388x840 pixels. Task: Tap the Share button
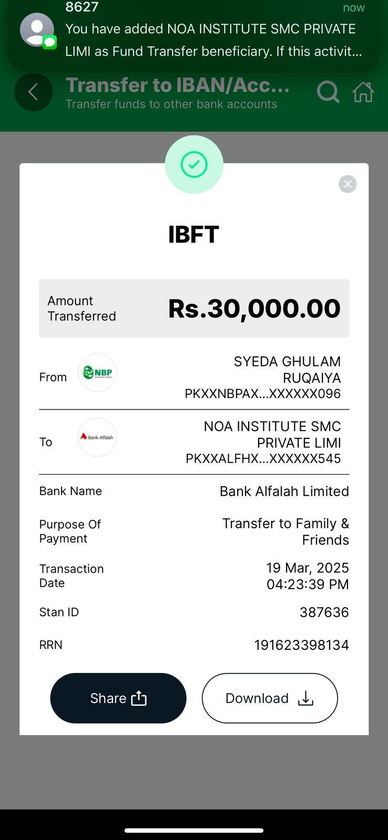tap(118, 698)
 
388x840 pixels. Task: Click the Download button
tap(270, 698)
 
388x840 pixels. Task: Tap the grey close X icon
tap(348, 184)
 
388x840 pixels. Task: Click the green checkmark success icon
tap(194, 165)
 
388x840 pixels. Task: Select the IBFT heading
tap(193, 235)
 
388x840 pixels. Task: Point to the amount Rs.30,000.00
tap(254, 308)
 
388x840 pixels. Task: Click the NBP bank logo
tap(97, 373)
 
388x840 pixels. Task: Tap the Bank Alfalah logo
tap(97, 437)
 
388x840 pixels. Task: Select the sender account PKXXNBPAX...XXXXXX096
tap(263, 394)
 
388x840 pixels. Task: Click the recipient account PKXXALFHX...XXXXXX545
tap(263, 459)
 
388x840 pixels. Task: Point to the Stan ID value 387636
tap(324, 612)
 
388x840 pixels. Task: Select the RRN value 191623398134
tap(302, 645)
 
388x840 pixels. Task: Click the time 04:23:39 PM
tap(308, 584)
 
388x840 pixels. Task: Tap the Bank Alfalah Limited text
tap(284, 491)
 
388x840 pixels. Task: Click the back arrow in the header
tap(33, 92)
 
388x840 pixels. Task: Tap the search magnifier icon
tap(328, 92)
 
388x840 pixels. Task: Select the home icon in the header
tap(363, 92)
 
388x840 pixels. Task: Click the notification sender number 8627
tap(82, 7)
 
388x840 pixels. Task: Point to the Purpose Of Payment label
tap(70, 531)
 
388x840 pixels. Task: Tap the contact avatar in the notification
tap(37, 30)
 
